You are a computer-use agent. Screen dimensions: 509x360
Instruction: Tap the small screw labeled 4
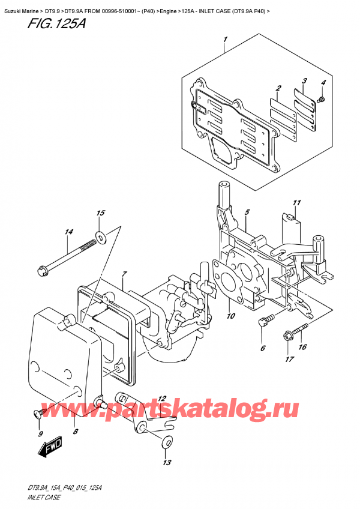tap(322, 98)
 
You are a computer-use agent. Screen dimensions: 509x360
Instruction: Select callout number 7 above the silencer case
tap(124, 276)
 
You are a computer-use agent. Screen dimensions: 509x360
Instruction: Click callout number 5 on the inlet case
tap(247, 212)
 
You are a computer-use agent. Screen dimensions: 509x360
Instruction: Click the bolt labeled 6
tap(262, 324)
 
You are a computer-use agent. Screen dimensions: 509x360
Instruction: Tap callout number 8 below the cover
tap(75, 430)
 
